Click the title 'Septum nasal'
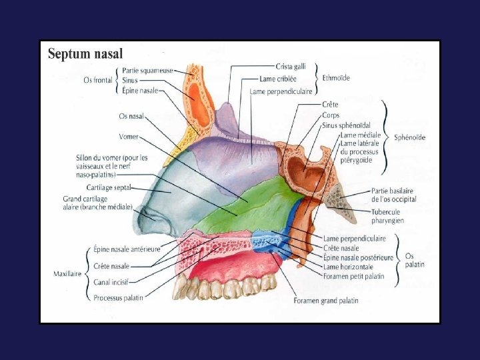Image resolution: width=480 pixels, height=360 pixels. coord(85,54)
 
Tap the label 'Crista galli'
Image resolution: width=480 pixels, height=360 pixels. coord(291,66)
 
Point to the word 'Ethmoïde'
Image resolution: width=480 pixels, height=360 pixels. coord(336,78)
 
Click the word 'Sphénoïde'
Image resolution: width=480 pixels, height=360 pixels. coord(409,138)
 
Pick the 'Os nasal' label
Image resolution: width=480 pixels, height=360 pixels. coord(131,116)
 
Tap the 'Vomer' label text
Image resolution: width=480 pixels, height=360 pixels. coord(129,137)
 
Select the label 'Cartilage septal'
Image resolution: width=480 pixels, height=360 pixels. coord(109,188)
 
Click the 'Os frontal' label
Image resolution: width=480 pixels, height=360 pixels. coord(97,81)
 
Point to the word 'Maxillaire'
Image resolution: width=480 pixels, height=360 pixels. coord(67,273)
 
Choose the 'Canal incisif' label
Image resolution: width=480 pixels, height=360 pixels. coord(111,282)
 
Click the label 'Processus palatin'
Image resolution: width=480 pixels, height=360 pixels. coord(117,297)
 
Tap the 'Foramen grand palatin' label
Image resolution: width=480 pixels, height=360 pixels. coord(325,301)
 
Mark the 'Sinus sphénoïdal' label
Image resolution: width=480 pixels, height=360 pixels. coord(346,125)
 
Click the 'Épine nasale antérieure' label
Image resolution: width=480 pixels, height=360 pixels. coord(127,249)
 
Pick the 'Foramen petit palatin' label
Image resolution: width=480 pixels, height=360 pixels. coord(353,276)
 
